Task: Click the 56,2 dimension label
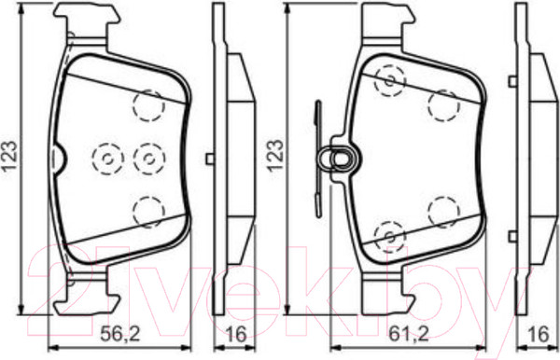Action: coord(120,334)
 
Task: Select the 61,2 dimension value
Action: coord(408,334)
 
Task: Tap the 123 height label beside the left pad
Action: coord(10,157)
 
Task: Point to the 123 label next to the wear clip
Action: coord(275,157)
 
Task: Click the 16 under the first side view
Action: coord(236,334)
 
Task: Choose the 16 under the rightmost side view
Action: coord(539,334)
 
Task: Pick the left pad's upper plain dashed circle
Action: coord(149,105)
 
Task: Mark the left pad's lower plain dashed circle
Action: coord(149,212)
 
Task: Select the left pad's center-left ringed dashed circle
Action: coord(108,159)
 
